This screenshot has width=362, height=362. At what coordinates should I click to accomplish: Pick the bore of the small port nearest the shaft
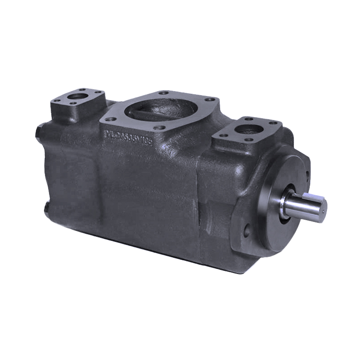pyautogui.click(x=251, y=129)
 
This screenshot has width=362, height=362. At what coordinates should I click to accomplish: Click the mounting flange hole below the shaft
pyautogui.click(x=247, y=230)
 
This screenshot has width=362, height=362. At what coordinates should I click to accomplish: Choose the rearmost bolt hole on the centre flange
pyautogui.click(x=166, y=92)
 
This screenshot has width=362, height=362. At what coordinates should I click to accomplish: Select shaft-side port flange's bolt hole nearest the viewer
pyautogui.click(x=248, y=139)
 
